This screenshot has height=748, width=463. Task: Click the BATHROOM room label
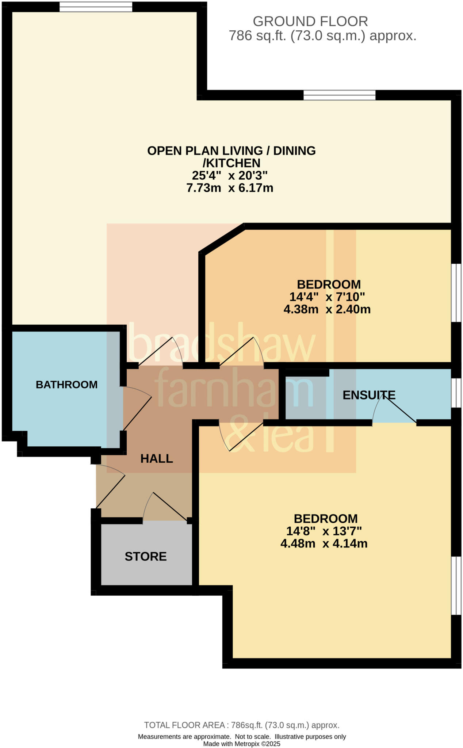[x=66, y=385]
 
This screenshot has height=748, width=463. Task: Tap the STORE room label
[x=146, y=556]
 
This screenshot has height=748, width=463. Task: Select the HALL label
[x=157, y=458]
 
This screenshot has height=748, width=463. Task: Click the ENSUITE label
[x=369, y=395]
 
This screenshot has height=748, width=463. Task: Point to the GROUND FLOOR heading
[x=310, y=22]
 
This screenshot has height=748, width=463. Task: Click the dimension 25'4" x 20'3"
[x=230, y=175]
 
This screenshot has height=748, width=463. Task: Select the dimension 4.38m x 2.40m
[x=327, y=309]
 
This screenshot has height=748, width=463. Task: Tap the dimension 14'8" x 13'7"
[x=324, y=531]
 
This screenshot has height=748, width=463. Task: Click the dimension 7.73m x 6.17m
[x=230, y=188]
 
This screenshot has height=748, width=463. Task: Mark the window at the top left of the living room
[x=96, y=7]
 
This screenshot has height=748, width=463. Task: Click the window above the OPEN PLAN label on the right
[x=339, y=95]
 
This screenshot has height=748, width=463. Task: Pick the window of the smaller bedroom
[x=456, y=293]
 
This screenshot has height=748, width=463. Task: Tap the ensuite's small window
[x=456, y=393]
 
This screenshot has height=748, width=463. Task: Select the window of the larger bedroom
[x=456, y=586]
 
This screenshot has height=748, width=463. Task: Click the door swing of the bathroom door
[x=137, y=409]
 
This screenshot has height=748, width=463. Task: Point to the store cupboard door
[x=166, y=506]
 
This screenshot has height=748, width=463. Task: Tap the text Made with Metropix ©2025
[x=242, y=744]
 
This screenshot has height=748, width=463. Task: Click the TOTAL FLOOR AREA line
[x=242, y=725]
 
